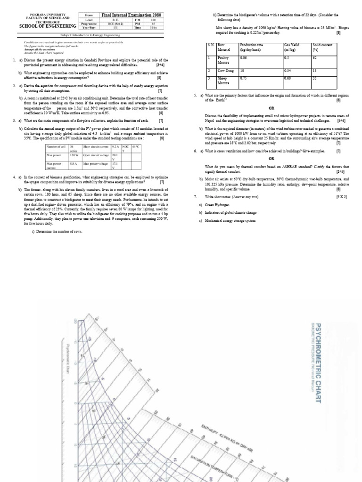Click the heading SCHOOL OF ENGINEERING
click(48, 26)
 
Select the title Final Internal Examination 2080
click(132, 16)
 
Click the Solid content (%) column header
click(323, 47)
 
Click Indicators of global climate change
click(230, 213)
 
